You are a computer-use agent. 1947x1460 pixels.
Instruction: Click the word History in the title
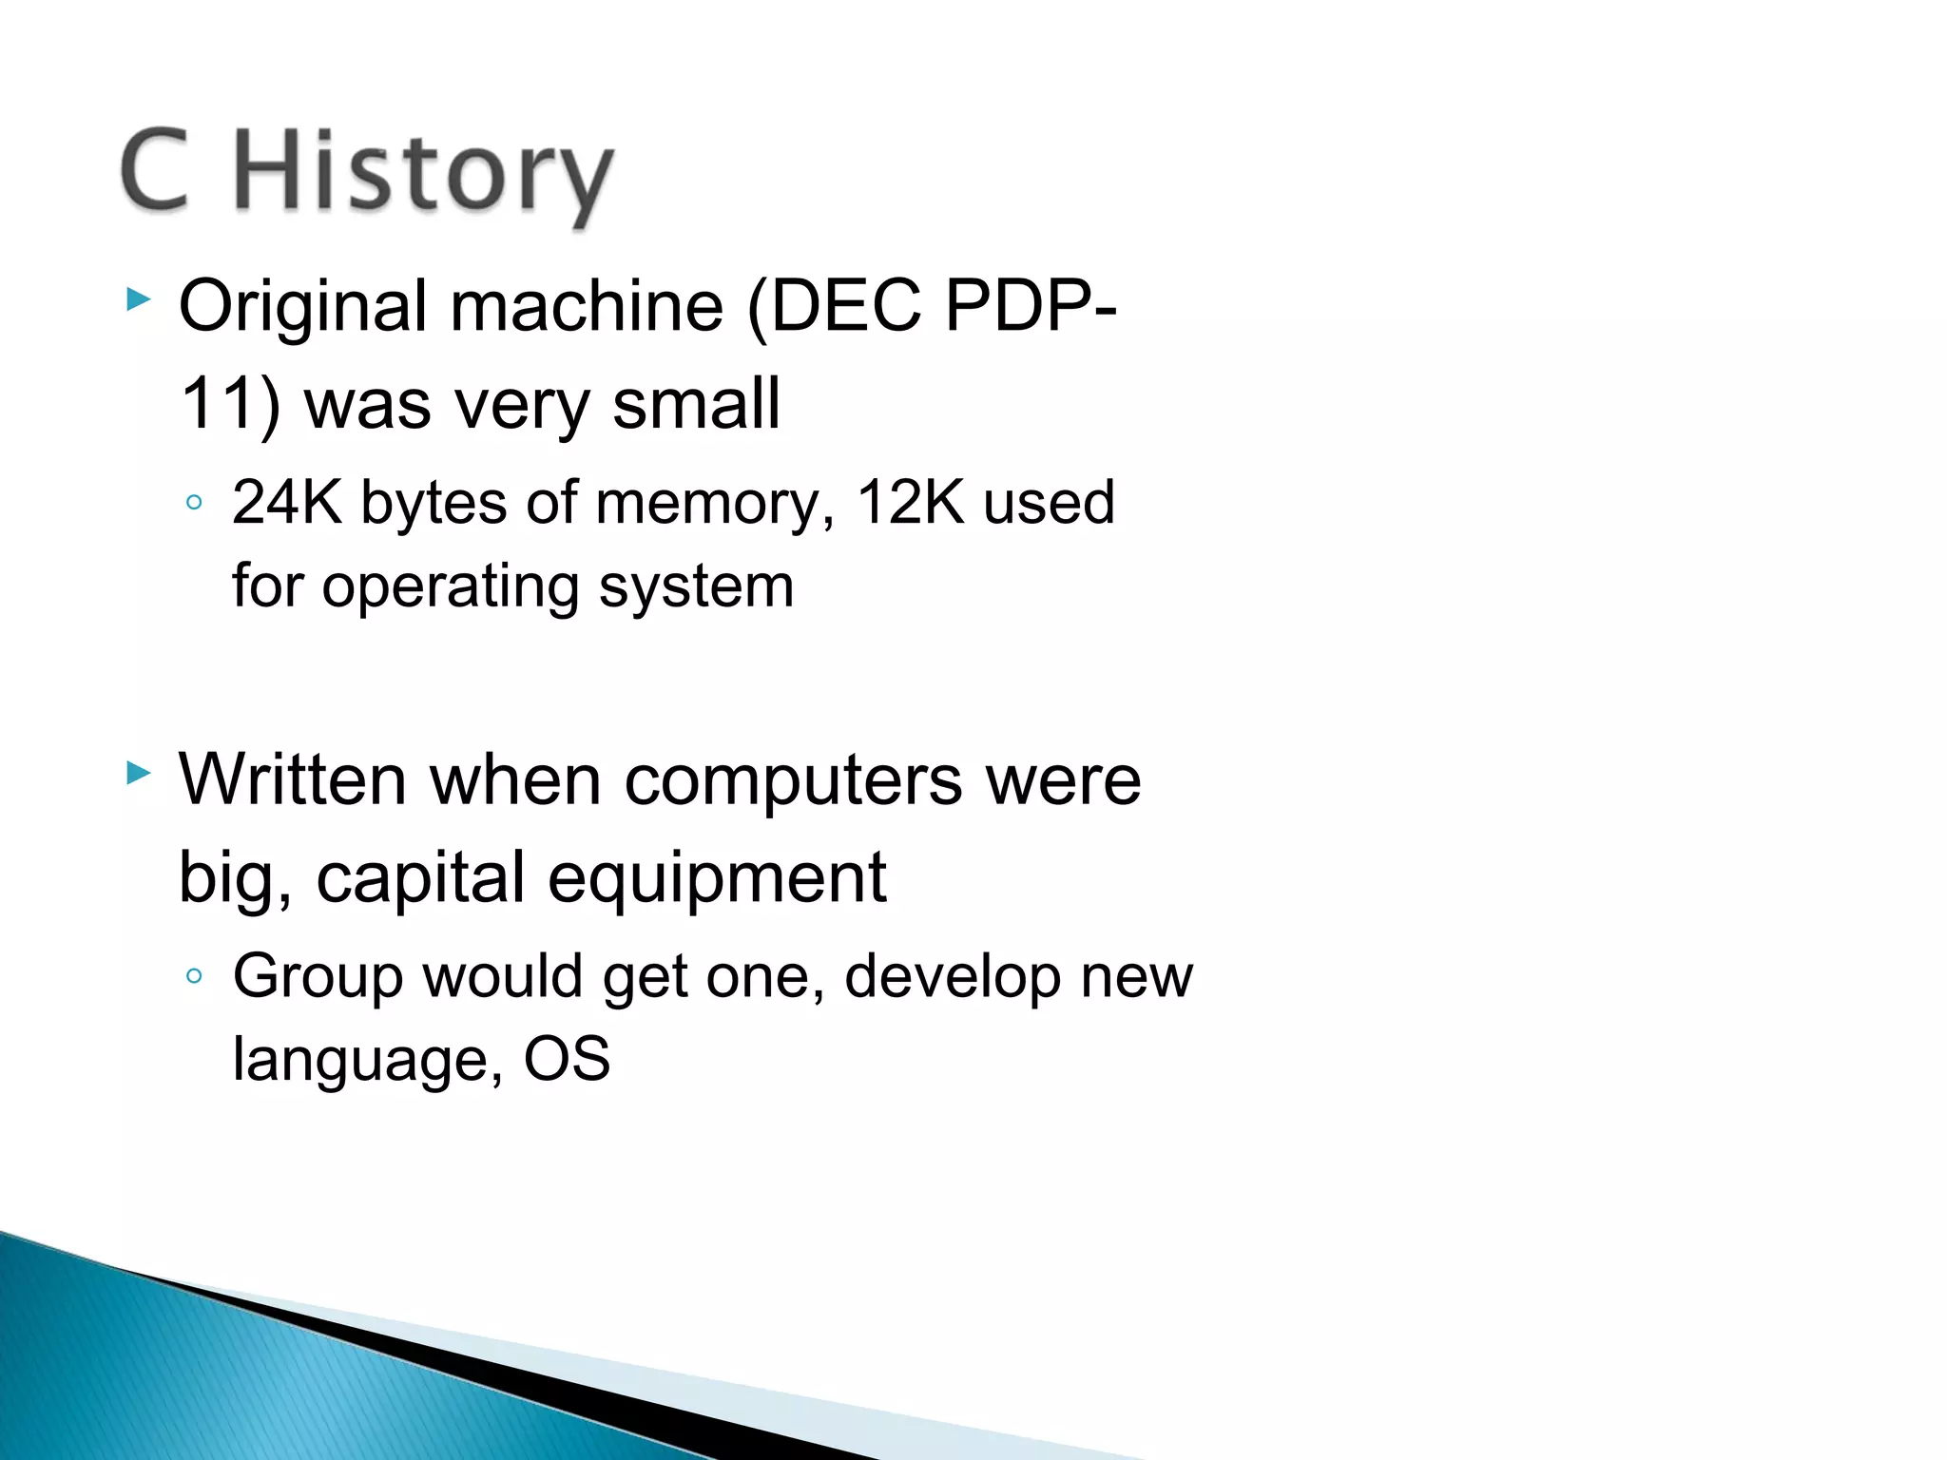tap(423, 176)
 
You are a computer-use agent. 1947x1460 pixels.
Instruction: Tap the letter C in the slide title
tap(155, 171)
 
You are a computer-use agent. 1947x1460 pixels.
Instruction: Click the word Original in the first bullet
tap(302, 308)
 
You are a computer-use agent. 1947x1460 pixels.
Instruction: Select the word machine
tap(587, 306)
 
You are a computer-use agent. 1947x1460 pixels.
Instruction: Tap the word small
tap(696, 404)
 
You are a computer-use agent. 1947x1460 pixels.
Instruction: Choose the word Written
tap(293, 780)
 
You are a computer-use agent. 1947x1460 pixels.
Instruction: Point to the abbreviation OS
tap(567, 1059)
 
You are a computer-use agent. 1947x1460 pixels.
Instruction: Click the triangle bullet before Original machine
tap(139, 301)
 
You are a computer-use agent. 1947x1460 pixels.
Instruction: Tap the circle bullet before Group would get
tap(194, 976)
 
